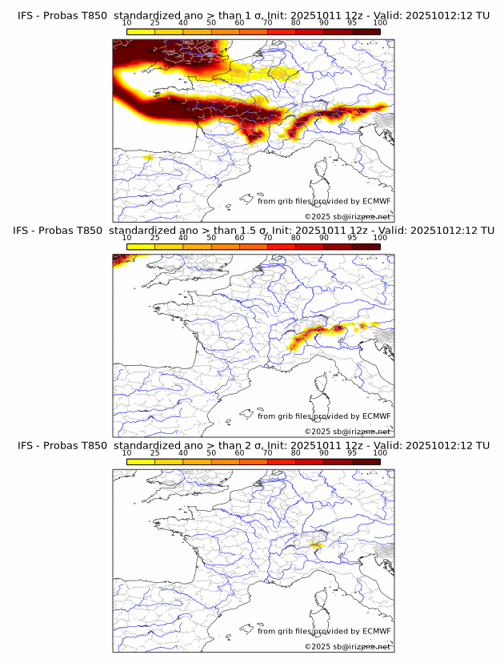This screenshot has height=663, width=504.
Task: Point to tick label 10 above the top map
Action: (127, 22)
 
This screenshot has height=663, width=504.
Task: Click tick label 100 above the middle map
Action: (380, 238)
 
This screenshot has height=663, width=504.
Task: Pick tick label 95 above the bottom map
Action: (352, 453)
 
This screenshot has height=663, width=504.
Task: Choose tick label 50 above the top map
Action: (211, 22)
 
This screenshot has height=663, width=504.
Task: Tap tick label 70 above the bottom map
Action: (268, 453)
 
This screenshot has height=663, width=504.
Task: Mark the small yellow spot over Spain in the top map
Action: (146, 158)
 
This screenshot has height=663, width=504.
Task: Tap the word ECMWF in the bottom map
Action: (376, 631)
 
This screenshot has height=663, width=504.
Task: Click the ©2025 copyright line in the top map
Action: (347, 216)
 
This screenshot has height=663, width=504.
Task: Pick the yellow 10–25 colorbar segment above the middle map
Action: (141, 247)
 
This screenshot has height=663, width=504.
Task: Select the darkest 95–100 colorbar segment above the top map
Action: (366, 32)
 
